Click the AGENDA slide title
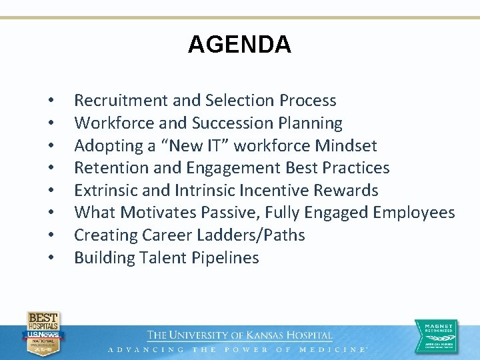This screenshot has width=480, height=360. coord(239,45)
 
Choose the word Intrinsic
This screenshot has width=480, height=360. coord(203,191)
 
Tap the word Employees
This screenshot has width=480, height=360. coord(414,213)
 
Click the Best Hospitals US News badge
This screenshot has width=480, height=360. coord(43,333)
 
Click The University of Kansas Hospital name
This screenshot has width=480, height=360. coord(239,335)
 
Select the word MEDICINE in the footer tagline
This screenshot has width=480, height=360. coord(333,349)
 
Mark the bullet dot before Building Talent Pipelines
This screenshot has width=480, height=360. coord(51,258)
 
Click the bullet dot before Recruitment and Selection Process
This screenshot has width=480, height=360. coord(51,101)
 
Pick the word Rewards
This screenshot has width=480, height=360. coord(345,191)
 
